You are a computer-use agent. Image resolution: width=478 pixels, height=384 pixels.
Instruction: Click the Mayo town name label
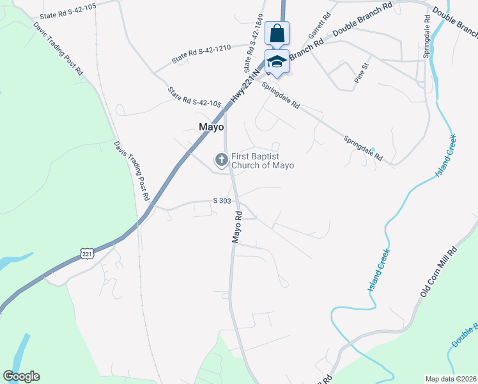pyautogui.click(x=211, y=127)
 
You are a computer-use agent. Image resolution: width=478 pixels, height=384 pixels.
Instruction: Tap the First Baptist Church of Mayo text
pyautogui.click(x=262, y=161)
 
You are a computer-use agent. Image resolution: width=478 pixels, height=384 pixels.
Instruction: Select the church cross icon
pyautogui.click(x=221, y=158)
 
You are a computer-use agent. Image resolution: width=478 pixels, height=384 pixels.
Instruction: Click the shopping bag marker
pyautogui.click(x=277, y=33)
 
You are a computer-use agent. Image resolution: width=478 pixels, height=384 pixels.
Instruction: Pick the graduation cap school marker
pyautogui.click(x=277, y=61)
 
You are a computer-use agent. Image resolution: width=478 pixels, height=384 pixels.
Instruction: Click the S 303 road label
pyautogui.click(x=222, y=201)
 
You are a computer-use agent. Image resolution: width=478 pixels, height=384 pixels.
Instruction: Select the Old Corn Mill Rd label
pyautogui.click(x=440, y=271)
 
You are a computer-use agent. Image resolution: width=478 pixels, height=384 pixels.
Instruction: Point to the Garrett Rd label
pyautogui.click(x=319, y=25)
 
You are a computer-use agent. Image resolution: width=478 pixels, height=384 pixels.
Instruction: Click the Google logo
pyautogui.click(x=21, y=376)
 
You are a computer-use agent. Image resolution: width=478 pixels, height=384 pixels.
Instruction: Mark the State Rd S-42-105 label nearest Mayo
pyautogui.click(x=194, y=98)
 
